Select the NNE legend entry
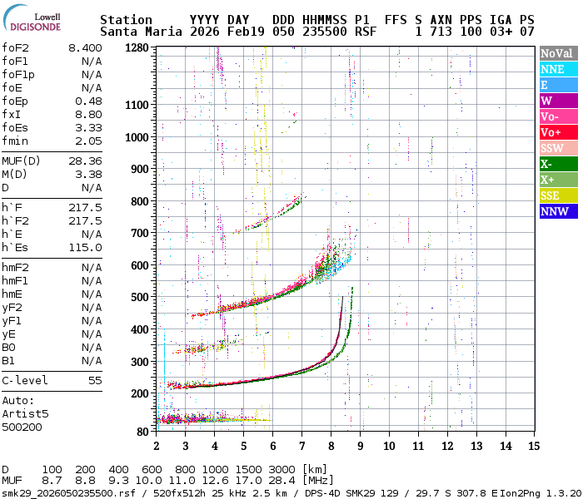point(557,69)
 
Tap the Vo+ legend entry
point(557,132)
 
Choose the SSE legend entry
point(557,195)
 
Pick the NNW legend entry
point(557,211)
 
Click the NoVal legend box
point(557,53)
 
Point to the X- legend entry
point(557,164)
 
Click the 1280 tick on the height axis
point(136,48)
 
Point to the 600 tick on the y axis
point(139,265)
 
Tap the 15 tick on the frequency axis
point(533,446)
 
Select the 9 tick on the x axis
point(361,446)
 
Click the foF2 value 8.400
point(85,48)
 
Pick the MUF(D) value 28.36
point(85,161)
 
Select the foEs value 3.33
point(88,127)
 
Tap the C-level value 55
point(95,380)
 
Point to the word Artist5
point(25,413)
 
